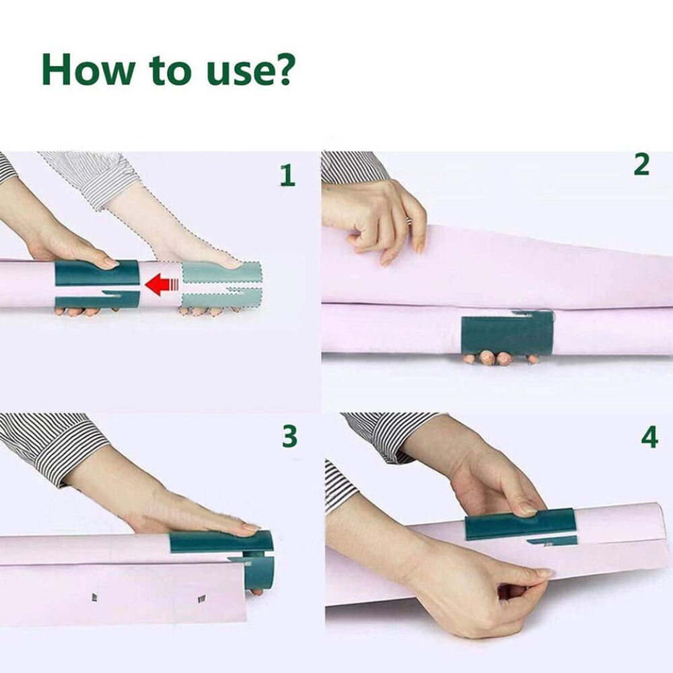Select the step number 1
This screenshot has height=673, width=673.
click(x=287, y=176)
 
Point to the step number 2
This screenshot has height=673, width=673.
click(x=641, y=166)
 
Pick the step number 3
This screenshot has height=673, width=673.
click(x=289, y=437)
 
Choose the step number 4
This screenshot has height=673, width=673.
click(x=649, y=437)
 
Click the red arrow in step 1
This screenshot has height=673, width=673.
click(x=162, y=285)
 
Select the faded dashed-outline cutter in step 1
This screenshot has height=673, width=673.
click(x=221, y=285)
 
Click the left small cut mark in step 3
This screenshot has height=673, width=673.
click(x=94, y=597)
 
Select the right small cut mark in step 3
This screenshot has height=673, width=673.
click(x=202, y=598)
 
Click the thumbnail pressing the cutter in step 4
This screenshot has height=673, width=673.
click(x=527, y=510)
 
